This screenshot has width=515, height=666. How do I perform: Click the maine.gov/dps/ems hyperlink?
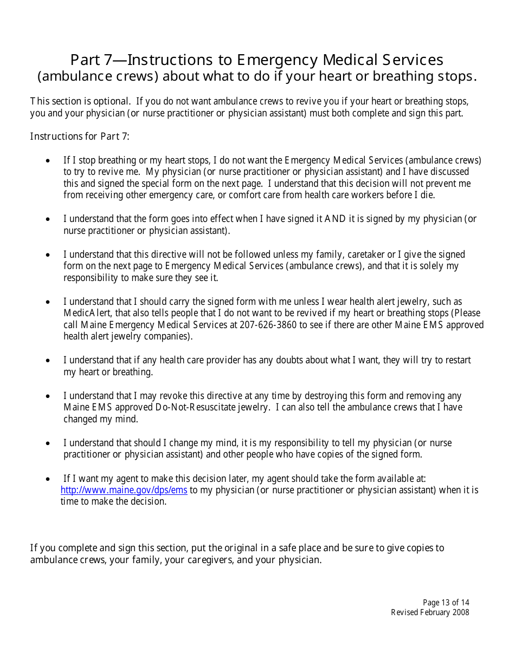click(x=124, y=490)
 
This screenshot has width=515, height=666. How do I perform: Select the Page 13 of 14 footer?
click(x=446, y=603)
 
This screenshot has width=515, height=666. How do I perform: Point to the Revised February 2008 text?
click(x=430, y=612)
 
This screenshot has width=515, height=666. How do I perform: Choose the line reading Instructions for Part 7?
click(x=80, y=136)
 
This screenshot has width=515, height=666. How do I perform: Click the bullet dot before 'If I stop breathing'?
click(x=49, y=161)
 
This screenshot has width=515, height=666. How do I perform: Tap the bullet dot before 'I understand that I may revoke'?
click(x=49, y=396)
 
